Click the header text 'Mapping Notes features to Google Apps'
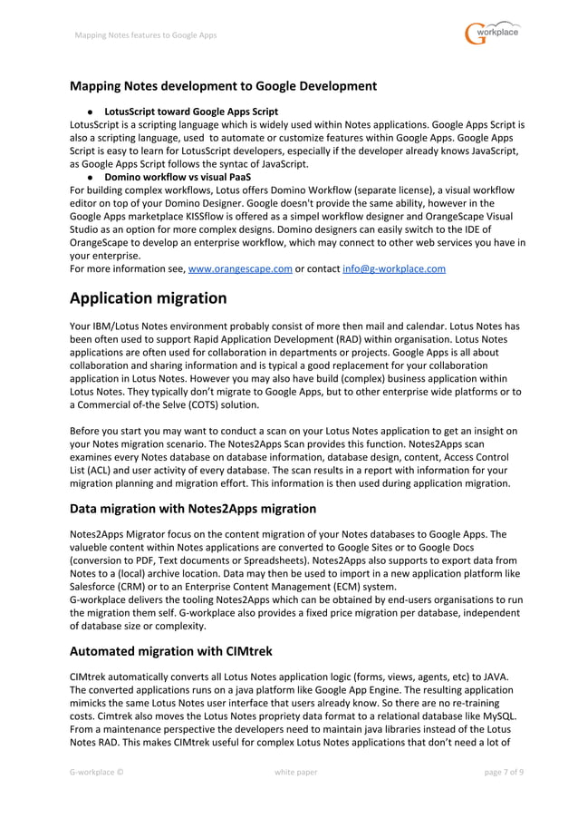click(x=146, y=35)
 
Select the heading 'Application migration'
click(x=148, y=297)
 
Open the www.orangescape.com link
click(x=239, y=268)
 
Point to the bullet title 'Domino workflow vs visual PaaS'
click(x=178, y=177)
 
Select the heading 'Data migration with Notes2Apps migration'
click(x=193, y=508)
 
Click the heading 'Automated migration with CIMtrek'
click(x=170, y=650)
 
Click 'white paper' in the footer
click(x=296, y=772)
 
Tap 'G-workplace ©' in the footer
click(x=97, y=772)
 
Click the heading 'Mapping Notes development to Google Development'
click(x=223, y=86)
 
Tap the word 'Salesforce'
click(x=95, y=586)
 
